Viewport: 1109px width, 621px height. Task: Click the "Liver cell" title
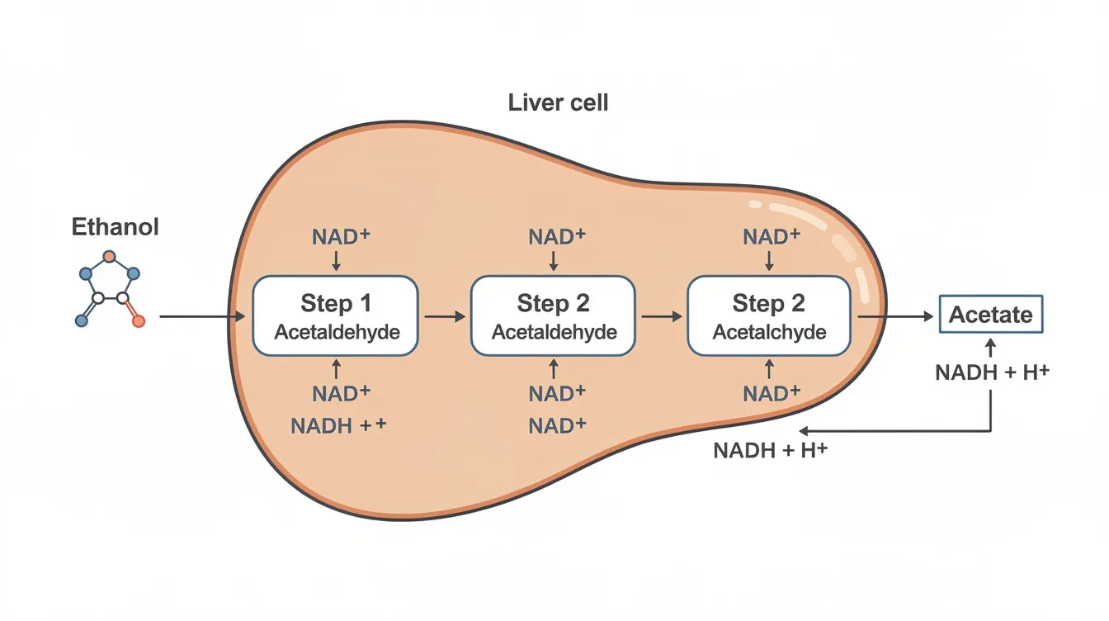pos(559,103)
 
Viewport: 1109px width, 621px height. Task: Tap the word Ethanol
pos(115,226)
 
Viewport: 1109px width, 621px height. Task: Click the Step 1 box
pos(336,316)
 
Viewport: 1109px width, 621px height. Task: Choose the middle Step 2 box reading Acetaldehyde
pos(553,316)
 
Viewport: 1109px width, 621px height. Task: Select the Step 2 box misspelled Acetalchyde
pos(769,316)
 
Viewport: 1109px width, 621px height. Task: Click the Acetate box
pos(990,315)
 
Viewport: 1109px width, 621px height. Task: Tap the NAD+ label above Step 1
pos(341,238)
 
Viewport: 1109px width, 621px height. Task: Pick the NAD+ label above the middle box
pos(557,238)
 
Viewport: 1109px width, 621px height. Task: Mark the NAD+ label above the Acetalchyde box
pos(772,238)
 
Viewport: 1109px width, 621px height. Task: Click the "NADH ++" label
pos(338,426)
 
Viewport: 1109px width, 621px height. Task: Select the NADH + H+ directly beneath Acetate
pos(992,372)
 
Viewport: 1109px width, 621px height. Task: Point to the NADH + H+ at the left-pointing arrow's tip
pos(769,452)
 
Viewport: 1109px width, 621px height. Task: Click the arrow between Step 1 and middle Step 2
pos(444,316)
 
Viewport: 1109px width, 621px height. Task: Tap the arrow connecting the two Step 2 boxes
pos(661,316)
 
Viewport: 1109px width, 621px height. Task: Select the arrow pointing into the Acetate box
pos(895,316)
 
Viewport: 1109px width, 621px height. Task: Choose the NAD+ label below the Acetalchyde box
pos(772,393)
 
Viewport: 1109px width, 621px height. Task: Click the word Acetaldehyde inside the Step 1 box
pos(337,333)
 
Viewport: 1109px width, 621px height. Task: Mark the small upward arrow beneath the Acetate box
pos(990,346)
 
